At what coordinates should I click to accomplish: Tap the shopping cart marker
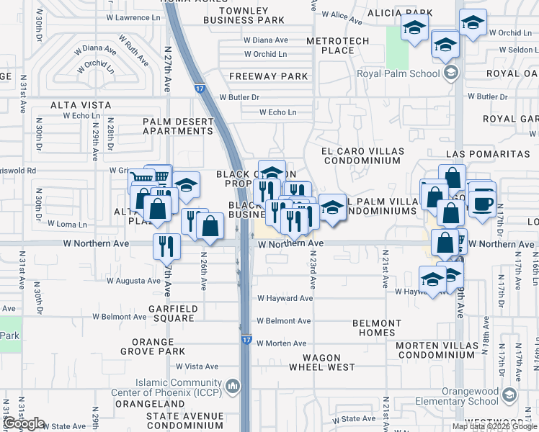click(x=143, y=179)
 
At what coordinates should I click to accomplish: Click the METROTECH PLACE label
click(x=337, y=46)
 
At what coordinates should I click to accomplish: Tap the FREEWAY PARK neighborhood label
click(x=269, y=76)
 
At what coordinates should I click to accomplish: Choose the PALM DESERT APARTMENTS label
click(x=178, y=126)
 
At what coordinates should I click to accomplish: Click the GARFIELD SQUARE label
click(x=162, y=313)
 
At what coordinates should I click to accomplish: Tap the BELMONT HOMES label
click(x=377, y=328)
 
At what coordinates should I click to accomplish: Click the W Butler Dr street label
click(x=239, y=96)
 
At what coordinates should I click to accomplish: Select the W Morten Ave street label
click(x=282, y=343)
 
